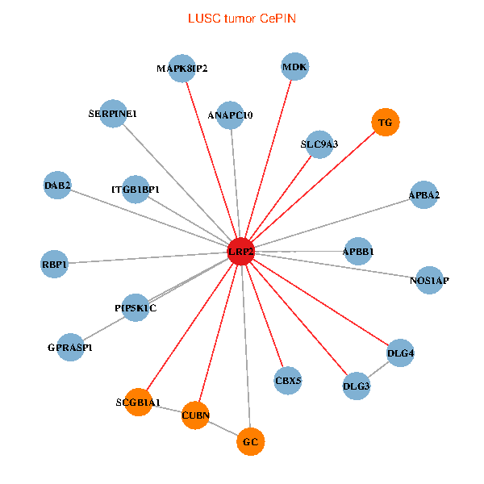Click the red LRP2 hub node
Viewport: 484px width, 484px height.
click(241, 252)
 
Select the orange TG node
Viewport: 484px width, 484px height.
click(386, 123)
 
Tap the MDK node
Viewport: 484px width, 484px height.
click(294, 67)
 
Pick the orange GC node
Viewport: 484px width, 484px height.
click(251, 441)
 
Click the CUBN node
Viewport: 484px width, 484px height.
click(195, 415)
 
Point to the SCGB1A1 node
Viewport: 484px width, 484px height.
click(138, 402)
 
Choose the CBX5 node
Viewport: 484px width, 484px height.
click(288, 380)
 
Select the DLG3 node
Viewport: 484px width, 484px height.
click(357, 386)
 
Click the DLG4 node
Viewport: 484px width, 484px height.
click(401, 353)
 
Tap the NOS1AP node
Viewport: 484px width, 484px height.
click(429, 280)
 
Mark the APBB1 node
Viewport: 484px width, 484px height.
click(358, 252)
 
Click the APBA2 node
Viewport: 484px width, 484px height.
click(424, 195)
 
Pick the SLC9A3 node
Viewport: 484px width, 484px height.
click(319, 144)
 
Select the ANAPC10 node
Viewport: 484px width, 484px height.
click(231, 115)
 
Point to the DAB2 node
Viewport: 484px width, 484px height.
click(58, 186)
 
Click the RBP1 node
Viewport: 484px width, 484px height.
click(54, 264)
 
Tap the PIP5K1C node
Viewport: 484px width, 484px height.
click(136, 307)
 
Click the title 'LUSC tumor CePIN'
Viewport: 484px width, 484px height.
click(241, 18)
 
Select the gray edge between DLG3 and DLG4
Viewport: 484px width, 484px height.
click(379, 369)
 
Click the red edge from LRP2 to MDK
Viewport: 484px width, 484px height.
click(269, 156)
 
